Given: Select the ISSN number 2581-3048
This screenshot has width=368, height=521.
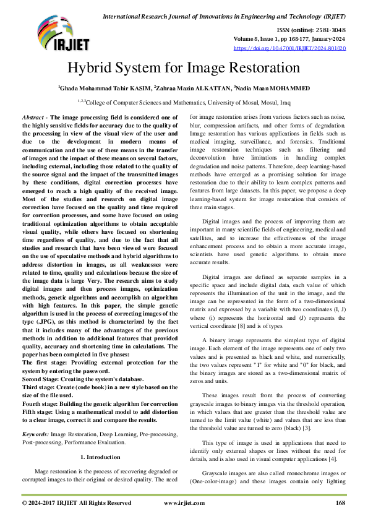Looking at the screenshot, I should click(x=330, y=29).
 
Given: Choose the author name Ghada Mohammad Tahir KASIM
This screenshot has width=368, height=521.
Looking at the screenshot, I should click(x=105, y=88).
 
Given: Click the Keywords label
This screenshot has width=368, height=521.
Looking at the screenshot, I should click(x=35, y=435).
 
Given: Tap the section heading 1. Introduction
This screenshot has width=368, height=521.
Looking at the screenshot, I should click(x=100, y=457).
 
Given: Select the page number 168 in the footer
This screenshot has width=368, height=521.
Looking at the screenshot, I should click(x=340, y=503).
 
